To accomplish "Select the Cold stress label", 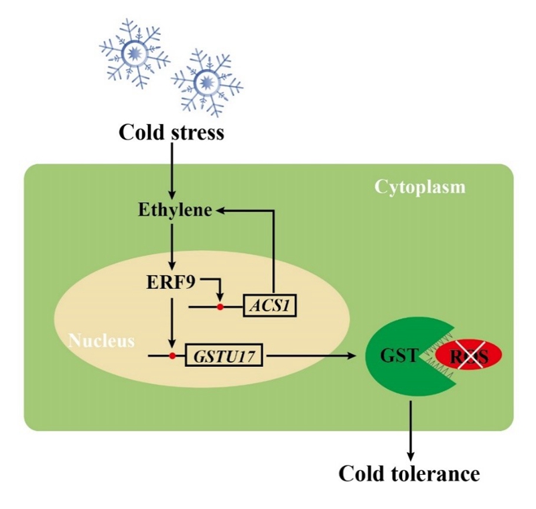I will pyautogui.click(x=172, y=132).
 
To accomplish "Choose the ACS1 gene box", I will pyautogui.click(x=270, y=306).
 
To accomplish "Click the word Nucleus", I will pyautogui.click(x=101, y=340).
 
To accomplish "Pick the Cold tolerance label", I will pyautogui.click(x=409, y=474).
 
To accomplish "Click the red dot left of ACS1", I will pyautogui.click(x=219, y=306).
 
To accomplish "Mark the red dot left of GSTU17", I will pyautogui.click(x=173, y=354).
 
